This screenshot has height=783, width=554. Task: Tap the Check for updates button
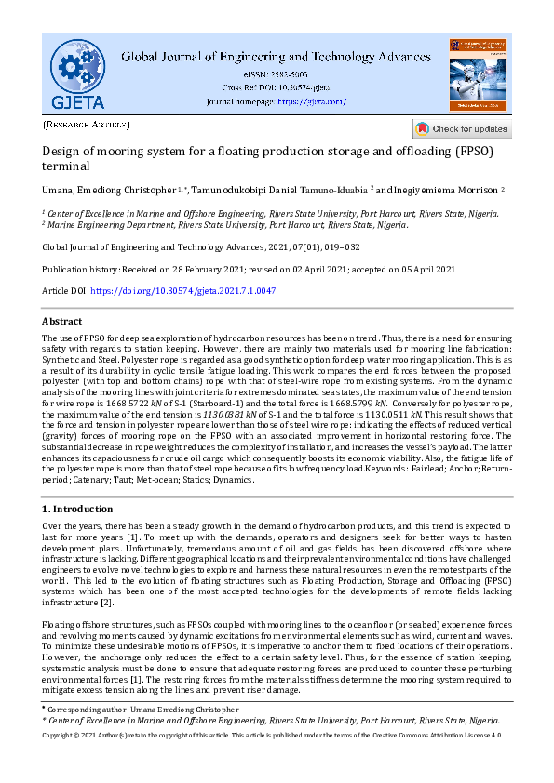[461, 128]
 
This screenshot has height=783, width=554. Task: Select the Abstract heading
[62, 321]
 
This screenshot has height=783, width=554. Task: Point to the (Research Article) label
[87, 124]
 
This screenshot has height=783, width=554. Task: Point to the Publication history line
[250, 269]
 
